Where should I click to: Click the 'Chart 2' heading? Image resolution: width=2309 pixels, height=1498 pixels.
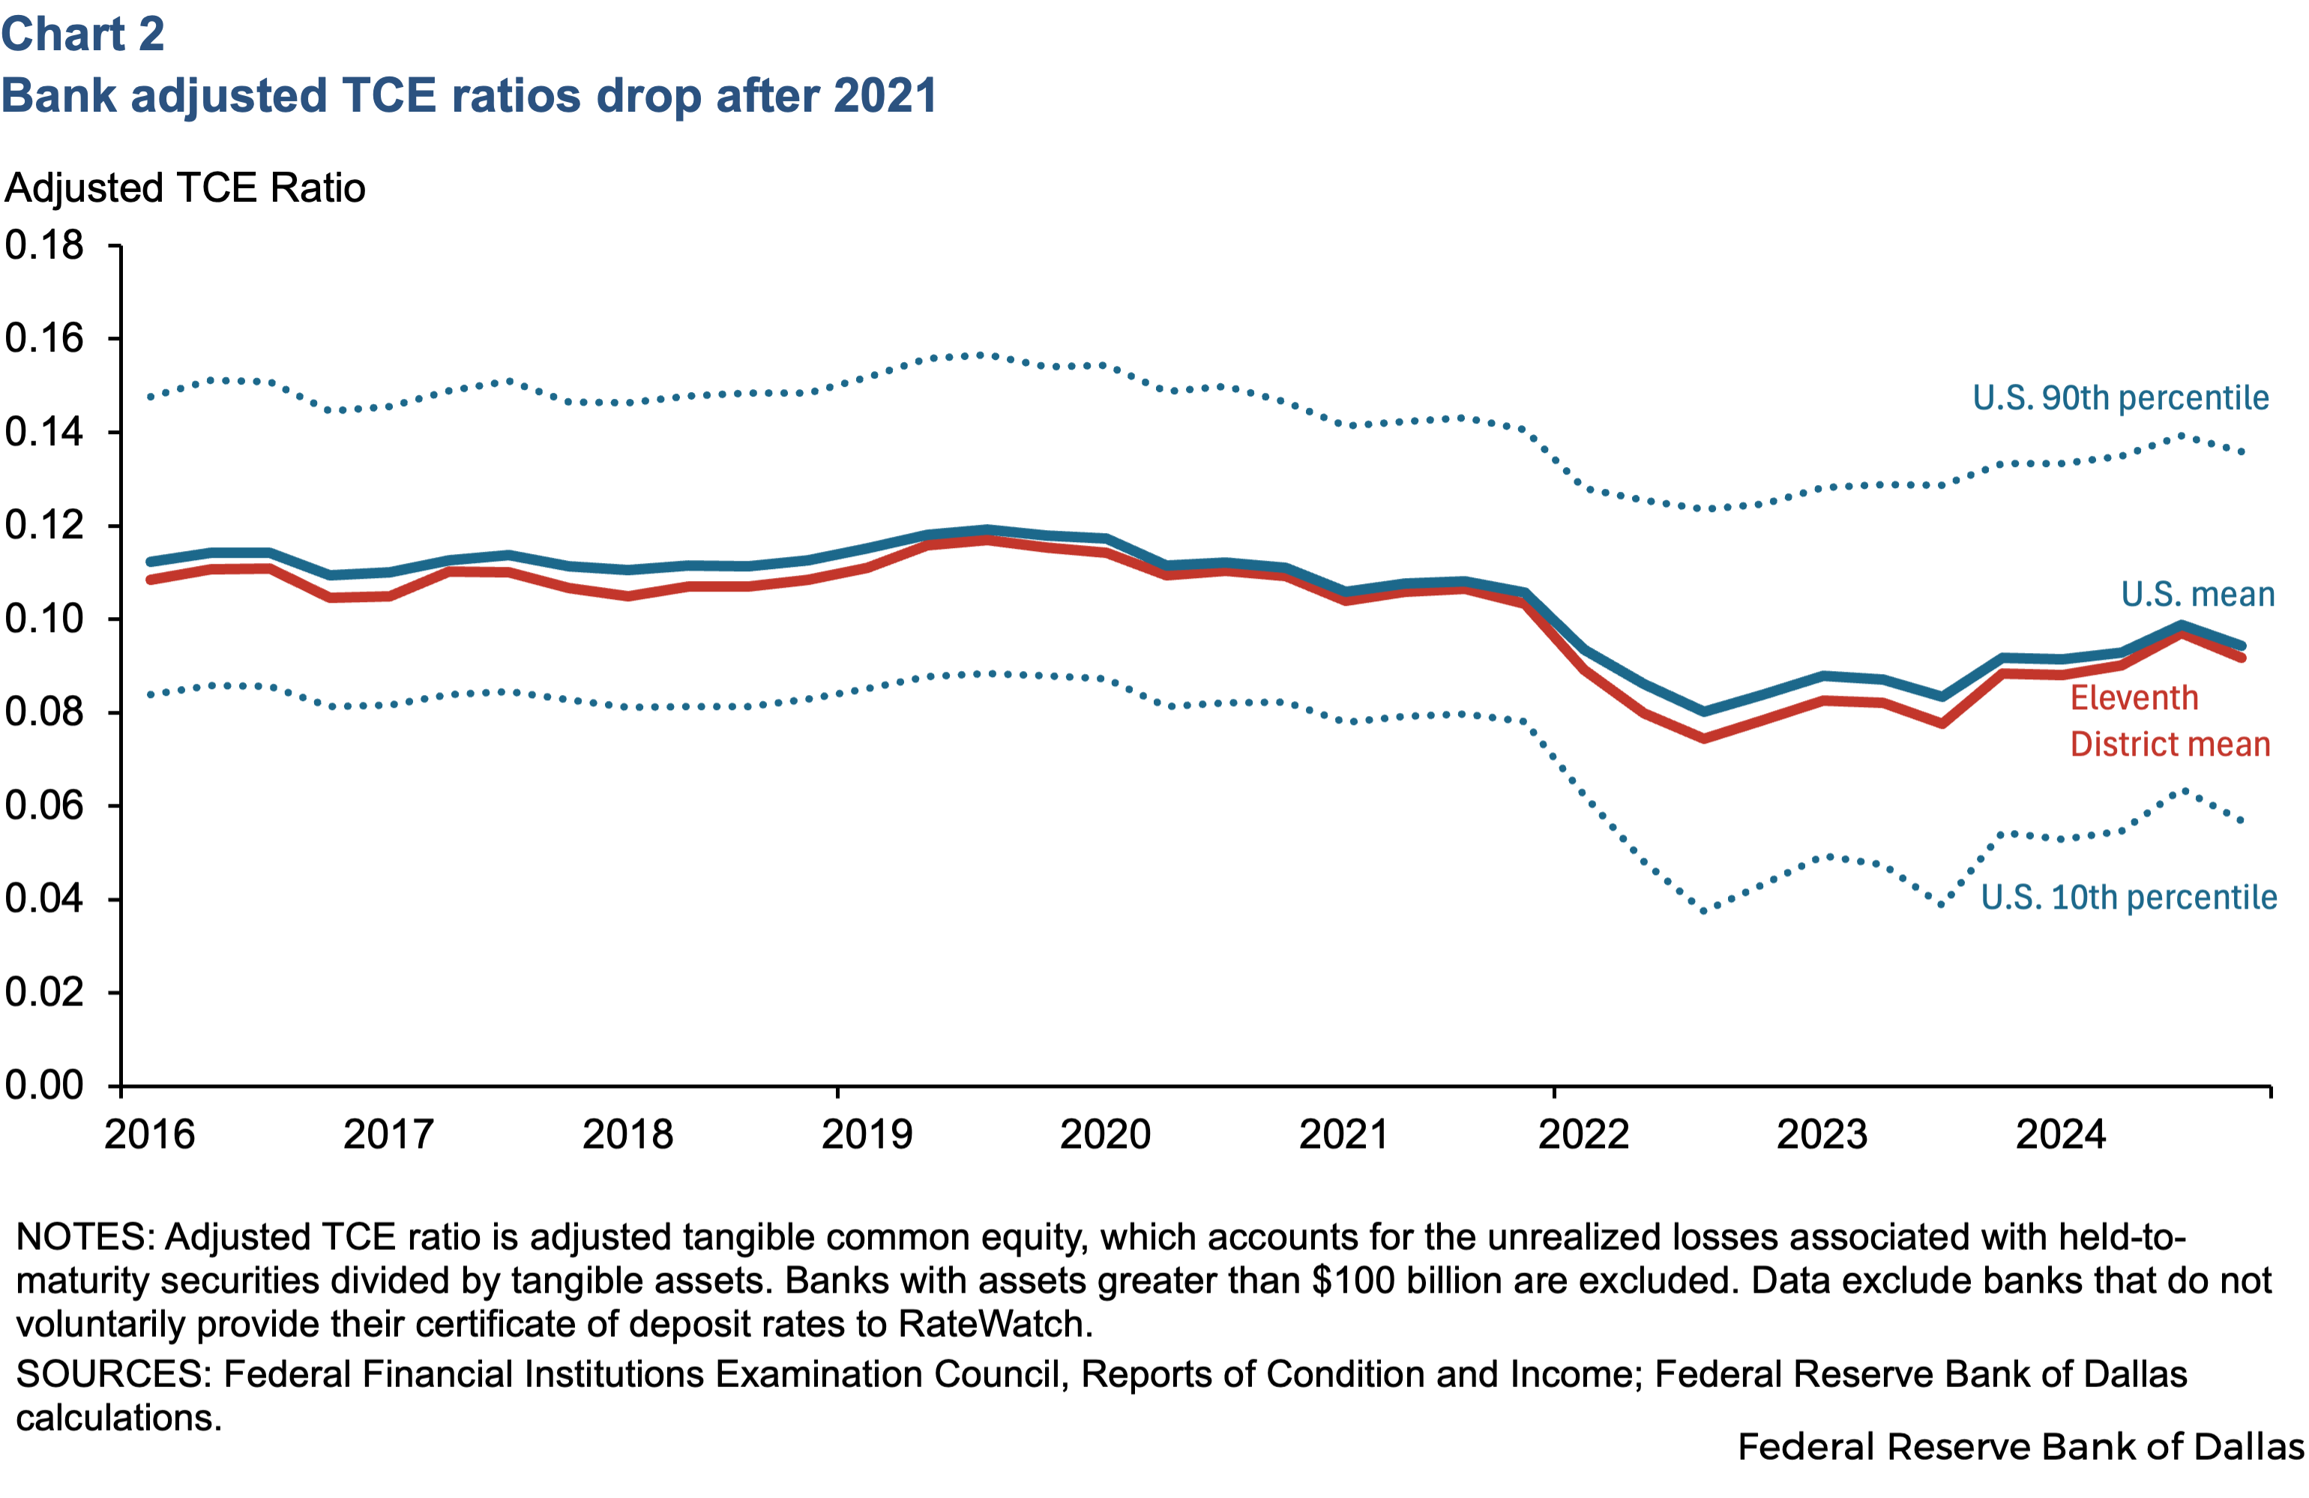pos(82,35)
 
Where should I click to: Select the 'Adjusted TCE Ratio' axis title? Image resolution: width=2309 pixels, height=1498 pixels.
pos(185,188)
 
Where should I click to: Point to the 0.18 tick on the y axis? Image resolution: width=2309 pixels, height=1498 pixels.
pos(45,245)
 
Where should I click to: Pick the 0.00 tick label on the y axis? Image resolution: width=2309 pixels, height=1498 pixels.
pos(45,1086)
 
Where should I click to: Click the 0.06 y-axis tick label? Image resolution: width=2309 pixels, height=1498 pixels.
pos(45,805)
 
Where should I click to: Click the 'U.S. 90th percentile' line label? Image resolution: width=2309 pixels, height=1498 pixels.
pos(2121,398)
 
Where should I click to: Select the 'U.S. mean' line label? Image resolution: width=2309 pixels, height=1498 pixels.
pos(2197,594)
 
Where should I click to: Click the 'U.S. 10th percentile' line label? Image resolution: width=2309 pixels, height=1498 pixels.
pos(2128,897)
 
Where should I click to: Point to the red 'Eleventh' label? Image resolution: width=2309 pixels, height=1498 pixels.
pos(2134,697)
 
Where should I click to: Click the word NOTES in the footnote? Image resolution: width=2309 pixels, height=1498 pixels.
pos(85,1237)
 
